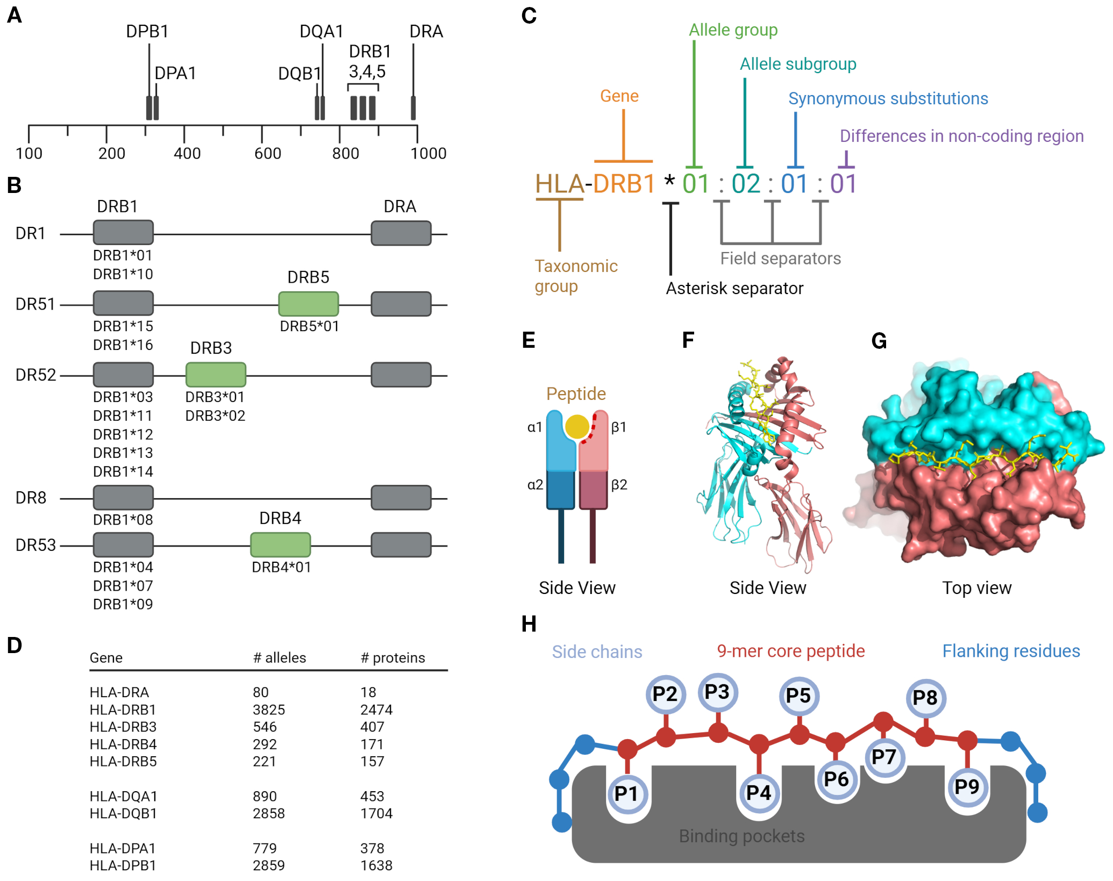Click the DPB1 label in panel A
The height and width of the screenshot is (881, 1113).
147,31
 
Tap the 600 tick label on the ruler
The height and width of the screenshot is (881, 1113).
268,154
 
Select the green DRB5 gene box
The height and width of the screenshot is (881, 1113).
308,304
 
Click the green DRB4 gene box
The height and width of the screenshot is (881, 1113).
280,545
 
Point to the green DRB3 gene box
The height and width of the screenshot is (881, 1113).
216,375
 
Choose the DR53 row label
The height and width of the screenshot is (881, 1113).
35,545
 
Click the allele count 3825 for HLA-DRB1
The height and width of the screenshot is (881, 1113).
269,710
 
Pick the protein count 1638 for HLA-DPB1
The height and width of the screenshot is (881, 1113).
376,865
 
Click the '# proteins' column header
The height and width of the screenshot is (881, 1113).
393,658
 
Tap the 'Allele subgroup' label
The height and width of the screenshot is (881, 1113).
798,64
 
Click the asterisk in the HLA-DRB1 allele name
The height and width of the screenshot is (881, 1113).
669,181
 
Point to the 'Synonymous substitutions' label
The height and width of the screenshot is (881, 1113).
888,98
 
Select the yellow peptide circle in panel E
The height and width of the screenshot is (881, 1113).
577,427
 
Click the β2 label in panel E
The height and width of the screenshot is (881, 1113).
619,485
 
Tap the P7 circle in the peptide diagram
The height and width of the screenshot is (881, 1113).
884,757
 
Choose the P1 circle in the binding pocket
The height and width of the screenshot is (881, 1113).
626,793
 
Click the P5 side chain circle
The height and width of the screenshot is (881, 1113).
798,696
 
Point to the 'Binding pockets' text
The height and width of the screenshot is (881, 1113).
741,836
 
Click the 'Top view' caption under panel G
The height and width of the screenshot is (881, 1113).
976,588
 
